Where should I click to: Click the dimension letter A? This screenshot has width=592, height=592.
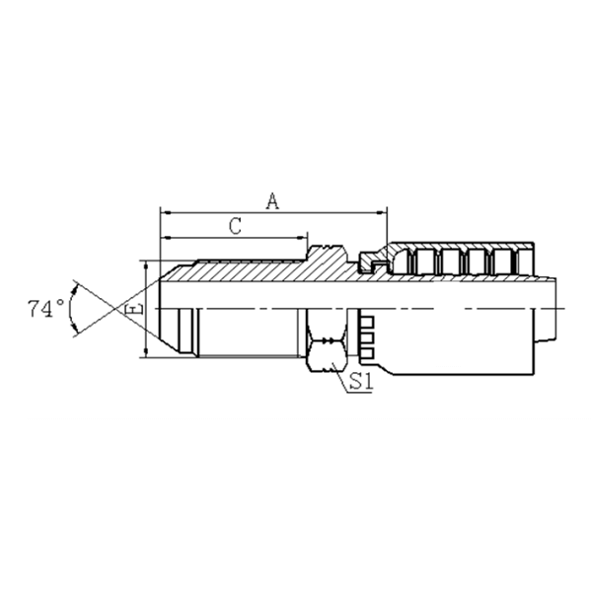[x=273, y=200]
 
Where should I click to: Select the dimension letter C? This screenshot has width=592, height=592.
[x=235, y=226]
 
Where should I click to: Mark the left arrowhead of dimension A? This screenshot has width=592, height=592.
[x=164, y=211]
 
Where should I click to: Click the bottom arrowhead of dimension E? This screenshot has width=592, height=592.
[x=147, y=352]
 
